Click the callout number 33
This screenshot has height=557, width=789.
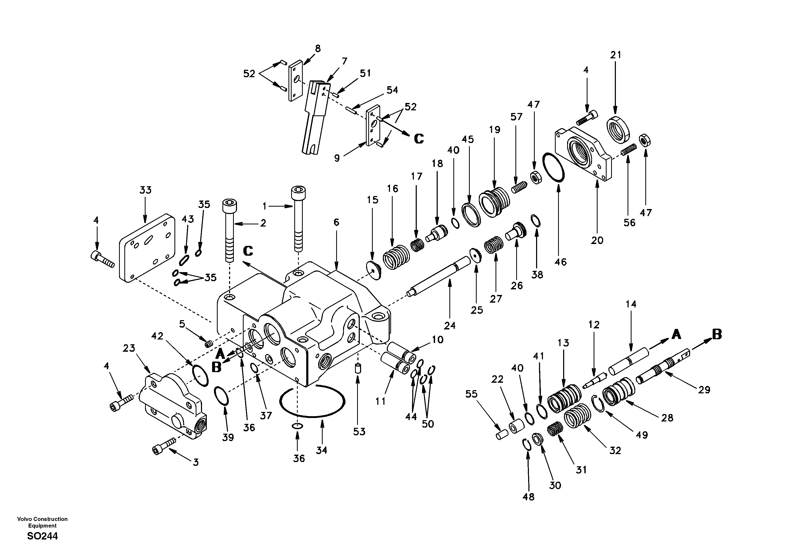145,190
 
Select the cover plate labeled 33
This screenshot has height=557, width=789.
147,247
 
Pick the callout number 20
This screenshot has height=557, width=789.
597,240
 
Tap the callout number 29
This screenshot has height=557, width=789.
704,390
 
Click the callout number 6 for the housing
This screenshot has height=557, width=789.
336,223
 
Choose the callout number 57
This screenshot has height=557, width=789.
516,117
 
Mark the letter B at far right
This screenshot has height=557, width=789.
717,334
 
